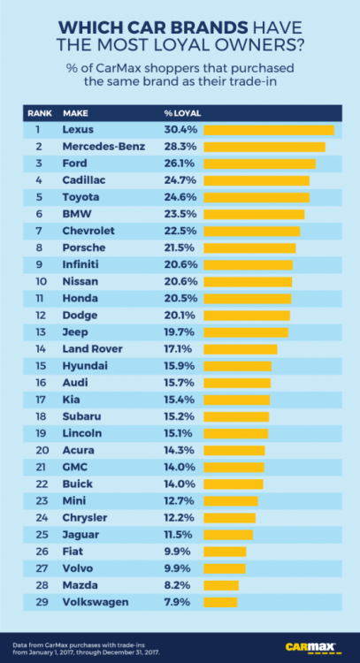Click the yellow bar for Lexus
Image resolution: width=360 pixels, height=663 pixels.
tap(268, 130)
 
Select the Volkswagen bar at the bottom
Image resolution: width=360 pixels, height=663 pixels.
tap(220, 602)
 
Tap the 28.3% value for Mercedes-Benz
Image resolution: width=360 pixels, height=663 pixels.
tap(178, 147)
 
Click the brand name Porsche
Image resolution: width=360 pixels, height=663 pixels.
tap(84, 248)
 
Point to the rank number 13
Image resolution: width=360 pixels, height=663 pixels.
tap(39, 332)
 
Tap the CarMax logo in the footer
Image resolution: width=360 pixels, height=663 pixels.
tap(314, 645)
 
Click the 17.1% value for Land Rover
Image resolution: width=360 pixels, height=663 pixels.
tap(178, 349)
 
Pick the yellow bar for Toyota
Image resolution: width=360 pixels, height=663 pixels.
tap(256, 197)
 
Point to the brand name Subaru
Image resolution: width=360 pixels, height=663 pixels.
tap(82, 416)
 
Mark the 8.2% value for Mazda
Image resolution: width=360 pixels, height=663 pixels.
tap(178, 585)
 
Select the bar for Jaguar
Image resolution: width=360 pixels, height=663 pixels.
tap(228, 535)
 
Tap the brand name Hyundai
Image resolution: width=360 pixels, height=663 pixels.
tap(85, 366)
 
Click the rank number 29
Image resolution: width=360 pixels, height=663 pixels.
tap(39, 602)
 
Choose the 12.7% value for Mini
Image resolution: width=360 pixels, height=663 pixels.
tap(178, 501)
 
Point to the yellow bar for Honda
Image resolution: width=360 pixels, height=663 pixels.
tap(248, 299)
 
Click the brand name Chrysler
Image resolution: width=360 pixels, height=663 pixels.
tap(86, 518)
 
